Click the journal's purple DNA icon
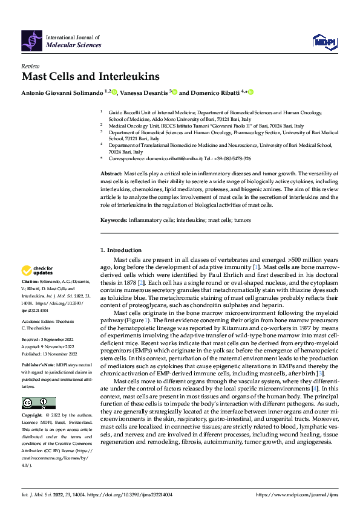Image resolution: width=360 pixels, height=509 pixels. pos(32,41)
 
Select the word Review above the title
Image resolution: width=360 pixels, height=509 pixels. pos(30,66)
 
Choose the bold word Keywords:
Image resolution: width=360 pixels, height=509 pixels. pos(113,220)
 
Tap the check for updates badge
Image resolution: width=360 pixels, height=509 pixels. pos(38,270)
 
